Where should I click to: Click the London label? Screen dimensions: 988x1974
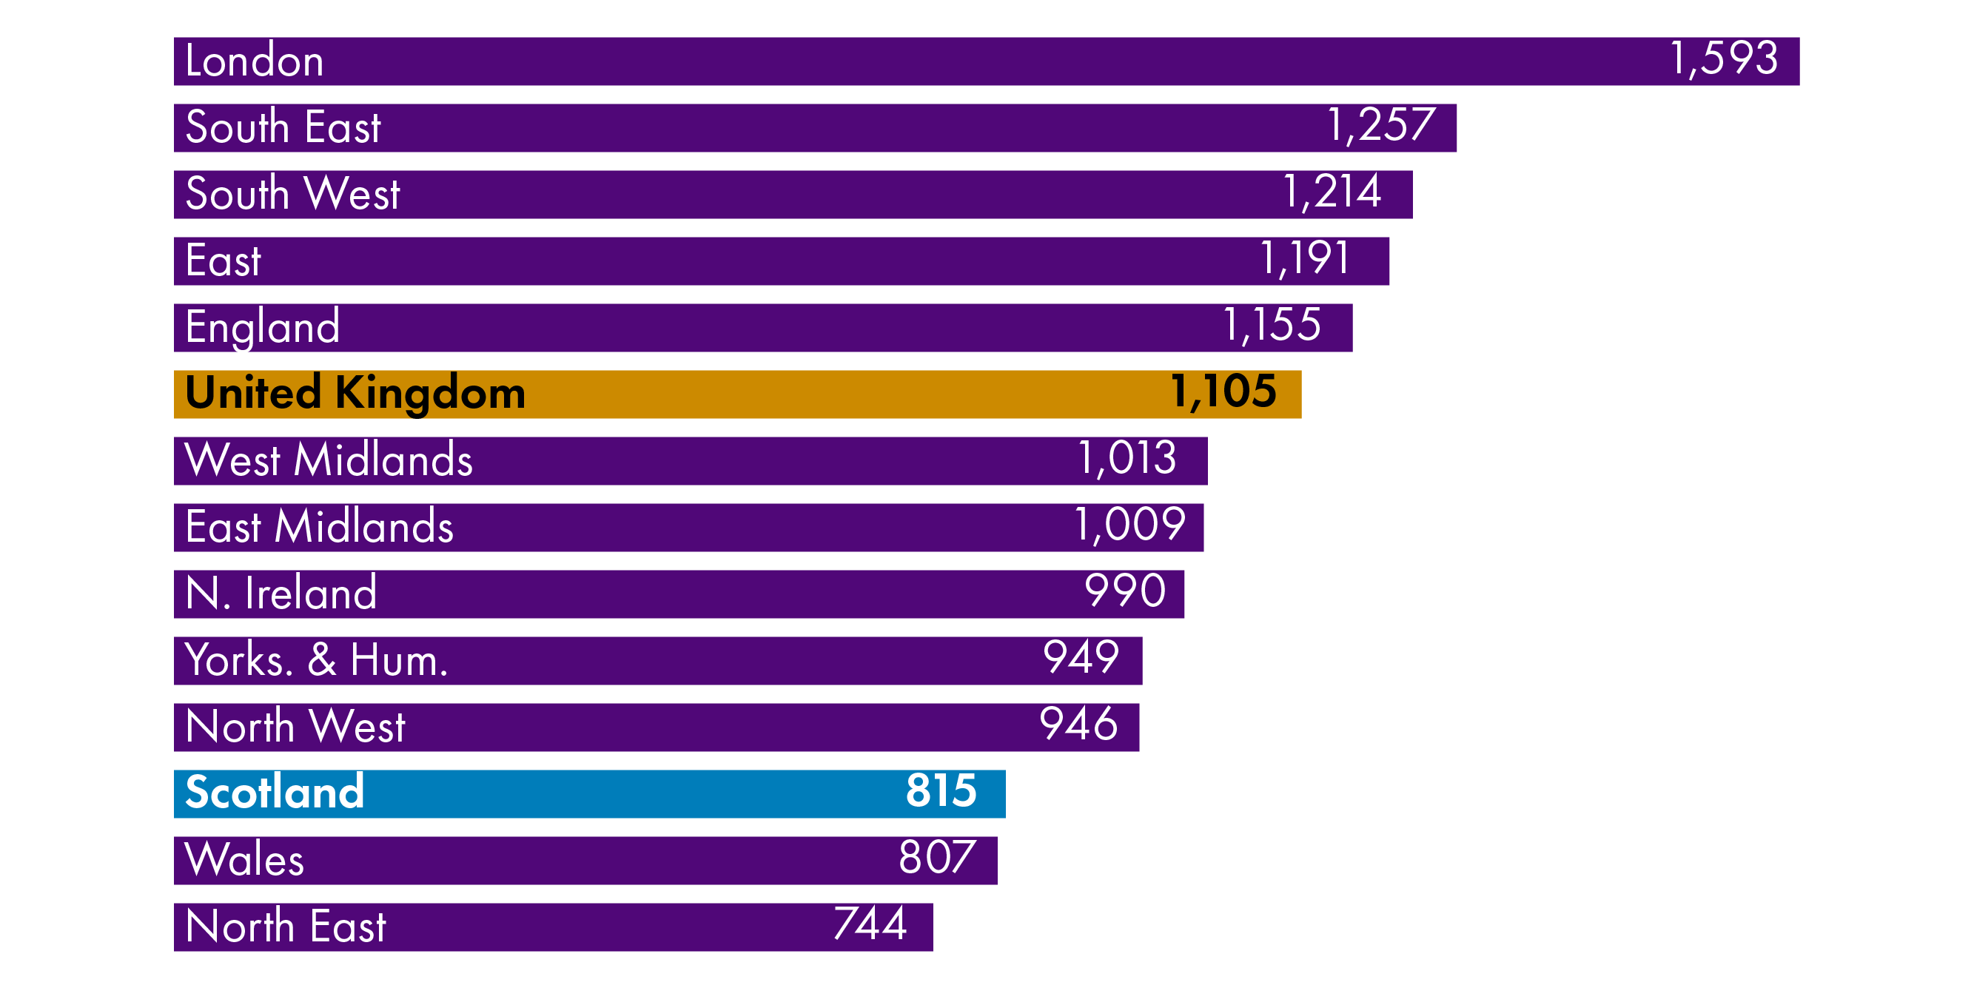click(x=254, y=61)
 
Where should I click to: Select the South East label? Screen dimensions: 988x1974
click(x=283, y=127)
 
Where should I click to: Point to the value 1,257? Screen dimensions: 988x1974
click(x=1380, y=126)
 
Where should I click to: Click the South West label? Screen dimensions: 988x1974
click(x=292, y=194)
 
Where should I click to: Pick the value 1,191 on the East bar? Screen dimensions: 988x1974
click(x=1304, y=259)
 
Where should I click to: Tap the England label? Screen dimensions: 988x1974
click(x=262, y=327)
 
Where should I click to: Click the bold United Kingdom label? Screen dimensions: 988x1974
click(x=355, y=393)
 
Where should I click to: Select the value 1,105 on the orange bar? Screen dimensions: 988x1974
click(x=1223, y=392)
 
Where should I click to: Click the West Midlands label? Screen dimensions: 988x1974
click(x=328, y=460)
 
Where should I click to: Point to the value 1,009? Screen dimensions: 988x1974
click(x=1129, y=525)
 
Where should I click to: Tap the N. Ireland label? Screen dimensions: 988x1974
click(x=281, y=594)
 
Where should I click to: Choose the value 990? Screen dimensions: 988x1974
click(x=1124, y=592)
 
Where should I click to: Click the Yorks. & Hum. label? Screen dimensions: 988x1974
click(x=316, y=660)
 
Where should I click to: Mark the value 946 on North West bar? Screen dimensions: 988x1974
click(x=1078, y=725)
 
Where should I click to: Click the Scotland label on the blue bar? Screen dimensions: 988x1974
click(x=275, y=793)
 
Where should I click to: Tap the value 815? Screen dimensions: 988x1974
click(x=941, y=791)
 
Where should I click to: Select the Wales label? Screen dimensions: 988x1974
click(x=244, y=860)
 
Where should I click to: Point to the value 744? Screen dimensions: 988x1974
click(x=870, y=924)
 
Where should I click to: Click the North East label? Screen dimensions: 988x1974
click(x=285, y=927)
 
